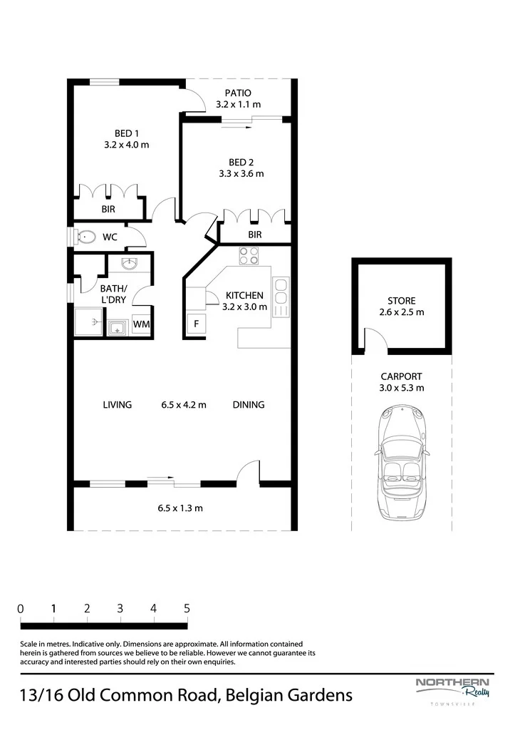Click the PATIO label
click(x=238, y=93)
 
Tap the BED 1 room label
click(x=127, y=133)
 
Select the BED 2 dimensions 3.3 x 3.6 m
click(x=241, y=174)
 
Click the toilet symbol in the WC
click(x=85, y=237)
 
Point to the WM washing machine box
click(x=142, y=324)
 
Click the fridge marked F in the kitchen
click(x=196, y=323)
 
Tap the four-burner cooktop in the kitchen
click(x=249, y=256)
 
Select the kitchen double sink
click(x=281, y=297)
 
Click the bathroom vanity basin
click(x=130, y=264)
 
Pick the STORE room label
click(x=402, y=301)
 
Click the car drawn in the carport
click(x=402, y=461)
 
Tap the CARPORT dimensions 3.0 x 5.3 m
click(x=402, y=388)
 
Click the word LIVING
click(x=118, y=405)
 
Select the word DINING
click(x=249, y=405)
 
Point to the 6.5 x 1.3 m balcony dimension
click(x=180, y=508)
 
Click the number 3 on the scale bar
click(x=120, y=609)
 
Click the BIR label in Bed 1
click(x=108, y=210)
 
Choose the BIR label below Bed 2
click(x=254, y=235)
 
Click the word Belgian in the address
click(x=254, y=696)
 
